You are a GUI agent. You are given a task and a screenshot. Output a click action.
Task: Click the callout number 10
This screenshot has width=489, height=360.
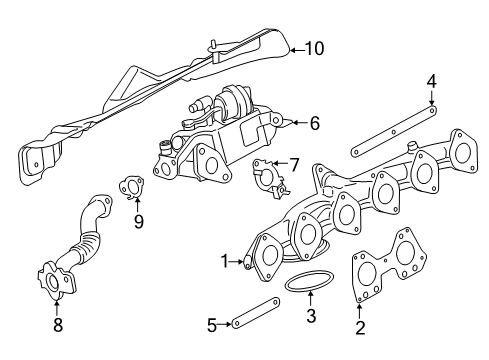(x=314, y=49)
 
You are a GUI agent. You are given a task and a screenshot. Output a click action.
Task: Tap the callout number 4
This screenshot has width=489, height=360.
(x=432, y=82)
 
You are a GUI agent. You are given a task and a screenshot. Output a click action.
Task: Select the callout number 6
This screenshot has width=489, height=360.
(x=315, y=123)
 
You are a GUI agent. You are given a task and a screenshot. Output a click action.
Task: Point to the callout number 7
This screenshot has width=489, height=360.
(x=293, y=165)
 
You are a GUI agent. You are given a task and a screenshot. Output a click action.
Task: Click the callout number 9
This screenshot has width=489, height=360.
(x=139, y=221)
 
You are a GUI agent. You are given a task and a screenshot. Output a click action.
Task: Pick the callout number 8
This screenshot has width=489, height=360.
(x=58, y=325)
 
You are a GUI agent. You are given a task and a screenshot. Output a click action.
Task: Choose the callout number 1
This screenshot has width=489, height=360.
(x=225, y=261)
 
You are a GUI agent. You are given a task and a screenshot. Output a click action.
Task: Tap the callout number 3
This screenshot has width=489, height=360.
(x=311, y=316)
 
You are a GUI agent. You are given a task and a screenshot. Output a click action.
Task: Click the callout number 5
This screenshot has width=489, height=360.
(x=212, y=325)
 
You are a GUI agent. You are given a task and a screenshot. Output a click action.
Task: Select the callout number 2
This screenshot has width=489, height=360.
(x=360, y=328)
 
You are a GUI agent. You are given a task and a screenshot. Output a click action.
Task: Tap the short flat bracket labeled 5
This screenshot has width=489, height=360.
(x=256, y=313)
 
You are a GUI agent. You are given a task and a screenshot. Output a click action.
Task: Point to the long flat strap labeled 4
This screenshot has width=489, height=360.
(x=394, y=131)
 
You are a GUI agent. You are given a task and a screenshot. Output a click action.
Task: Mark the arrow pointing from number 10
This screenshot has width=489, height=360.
(x=297, y=50)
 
